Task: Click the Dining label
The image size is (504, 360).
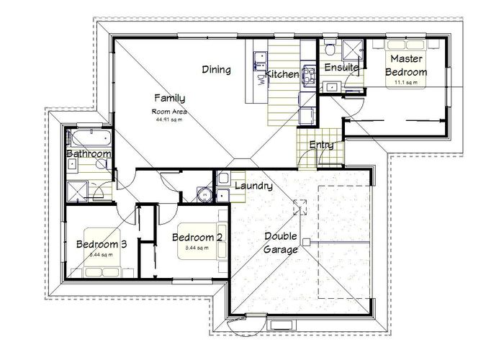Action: (x=216, y=70)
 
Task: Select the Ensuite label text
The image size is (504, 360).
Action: (x=341, y=68)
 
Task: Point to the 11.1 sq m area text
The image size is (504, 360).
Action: (x=405, y=82)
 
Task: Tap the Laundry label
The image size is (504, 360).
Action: (x=253, y=186)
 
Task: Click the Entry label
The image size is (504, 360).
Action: (x=321, y=145)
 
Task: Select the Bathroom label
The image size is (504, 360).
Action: (x=89, y=154)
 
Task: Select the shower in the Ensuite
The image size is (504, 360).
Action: (x=353, y=50)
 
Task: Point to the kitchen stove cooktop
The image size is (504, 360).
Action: (x=307, y=75)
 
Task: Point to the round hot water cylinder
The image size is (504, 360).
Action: (x=205, y=194)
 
